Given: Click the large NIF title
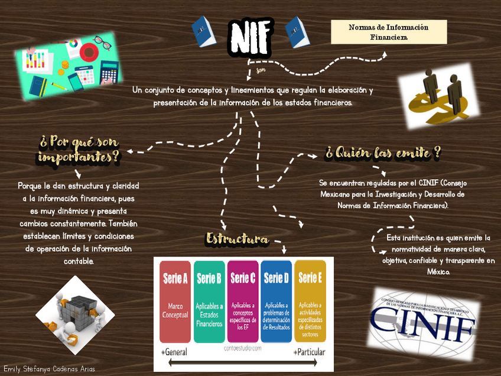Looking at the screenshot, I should click(x=251, y=37).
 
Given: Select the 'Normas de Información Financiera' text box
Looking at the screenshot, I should click(x=388, y=32).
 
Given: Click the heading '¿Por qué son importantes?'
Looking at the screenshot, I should click(x=79, y=150).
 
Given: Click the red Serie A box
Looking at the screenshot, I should click(x=175, y=302).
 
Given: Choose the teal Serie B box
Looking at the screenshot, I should click(x=209, y=302).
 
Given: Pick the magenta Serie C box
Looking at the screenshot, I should click(x=243, y=302).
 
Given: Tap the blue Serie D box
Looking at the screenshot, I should click(x=276, y=302).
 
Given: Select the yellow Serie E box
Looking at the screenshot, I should click(x=310, y=302).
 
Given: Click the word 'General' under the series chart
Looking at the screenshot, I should click(x=175, y=352).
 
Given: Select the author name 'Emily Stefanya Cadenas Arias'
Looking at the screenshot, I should click(x=49, y=369).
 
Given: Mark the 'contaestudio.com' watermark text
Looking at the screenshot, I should click(x=243, y=348).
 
